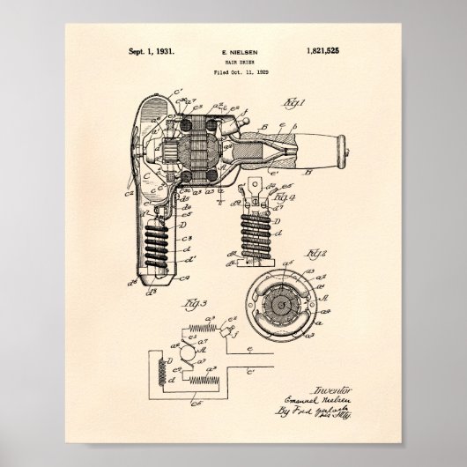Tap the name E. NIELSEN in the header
pyautogui.click(x=233, y=54)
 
